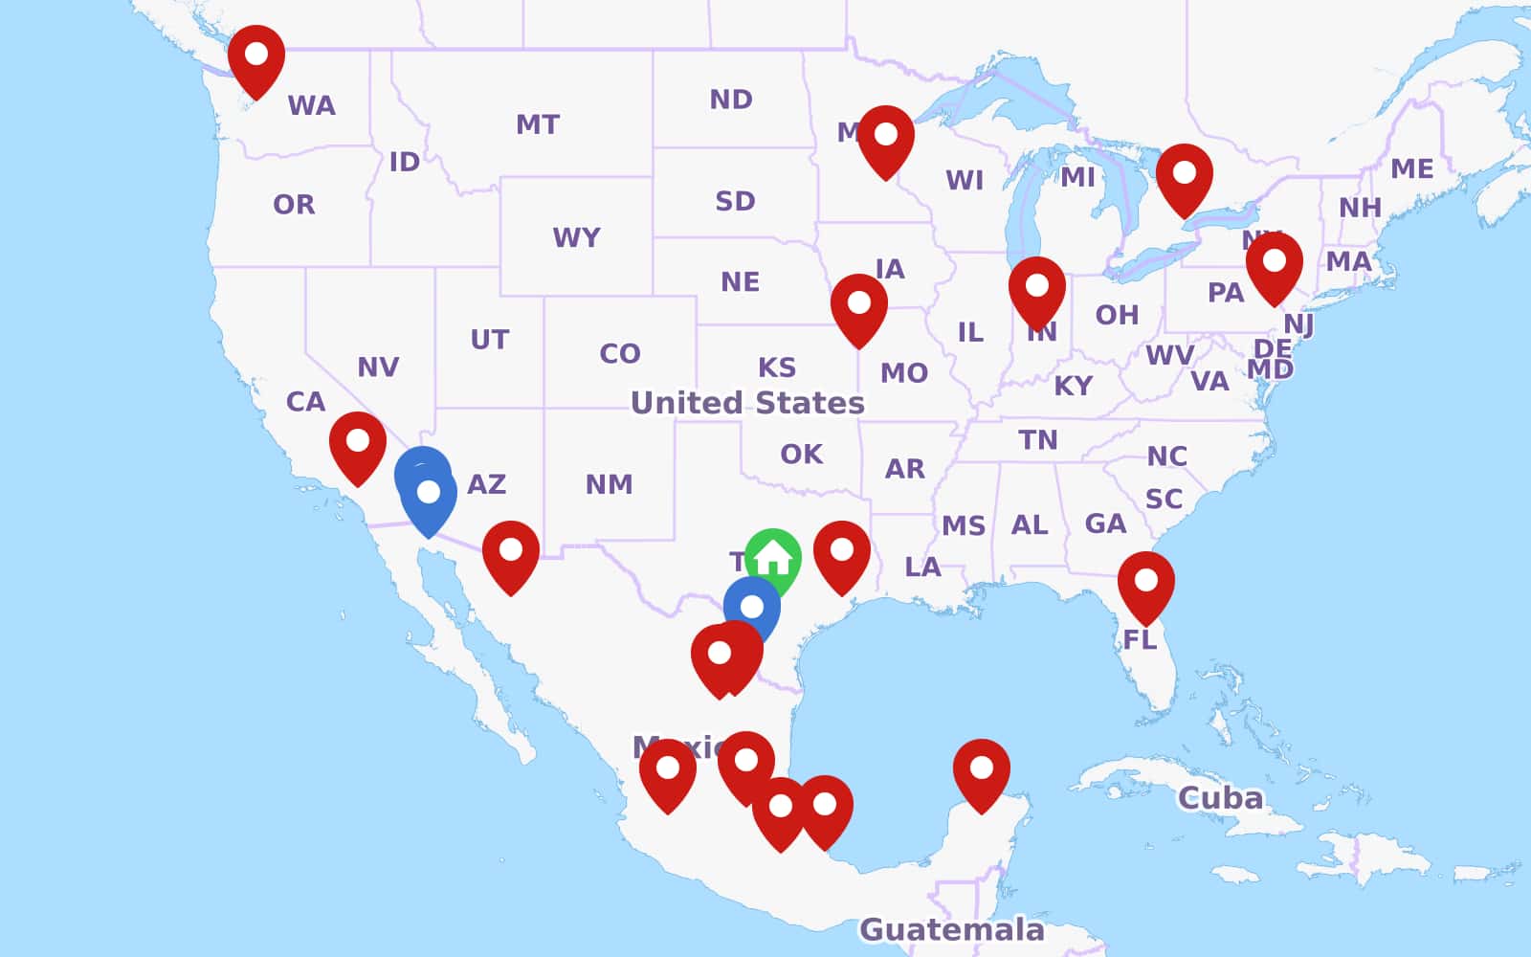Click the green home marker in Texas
coord(773,557)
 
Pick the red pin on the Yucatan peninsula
coord(982,769)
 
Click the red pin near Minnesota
coord(886,136)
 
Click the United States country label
coord(747,403)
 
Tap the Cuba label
coord(1220,797)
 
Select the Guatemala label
coord(951,928)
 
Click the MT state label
coord(538,124)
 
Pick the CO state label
coord(619,353)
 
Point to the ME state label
coord(1412,169)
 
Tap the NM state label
coord(609,484)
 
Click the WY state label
coord(576,236)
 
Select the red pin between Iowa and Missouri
coord(859,304)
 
